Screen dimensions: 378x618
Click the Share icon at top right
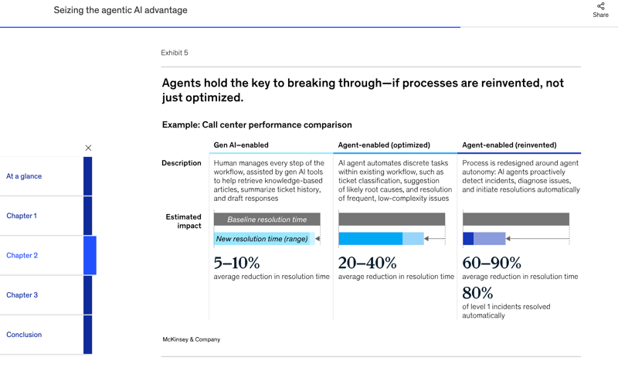point(600,7)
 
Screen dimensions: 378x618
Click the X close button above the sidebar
point(88,148)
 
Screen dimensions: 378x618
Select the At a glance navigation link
point(24,176)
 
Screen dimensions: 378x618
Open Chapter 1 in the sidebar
point(22,216)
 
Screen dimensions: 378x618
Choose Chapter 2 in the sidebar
point(22,255)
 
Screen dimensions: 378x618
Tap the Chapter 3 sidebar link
point(22,295)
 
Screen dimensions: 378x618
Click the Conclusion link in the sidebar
point(24,335)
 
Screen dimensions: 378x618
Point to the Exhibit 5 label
point(175,53)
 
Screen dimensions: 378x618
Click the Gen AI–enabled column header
point(241,145)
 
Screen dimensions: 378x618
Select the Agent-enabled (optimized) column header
point(384,145)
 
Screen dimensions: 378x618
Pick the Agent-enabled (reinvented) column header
point(509,145)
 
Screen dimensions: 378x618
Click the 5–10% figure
point(236,263)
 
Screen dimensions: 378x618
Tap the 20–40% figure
point(368,263)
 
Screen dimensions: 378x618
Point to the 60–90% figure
point(491,263)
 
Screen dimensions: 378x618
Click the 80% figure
point(477,293)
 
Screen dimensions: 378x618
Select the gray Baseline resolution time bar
point(267,220)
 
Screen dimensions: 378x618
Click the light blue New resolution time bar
point(263,239)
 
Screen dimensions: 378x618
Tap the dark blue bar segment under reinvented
point(468,239)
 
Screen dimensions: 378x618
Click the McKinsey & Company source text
point(191,339)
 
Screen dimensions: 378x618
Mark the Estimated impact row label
point(183,221)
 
